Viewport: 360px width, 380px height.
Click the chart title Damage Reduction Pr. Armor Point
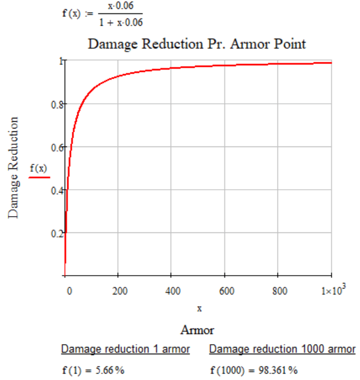[197, 44]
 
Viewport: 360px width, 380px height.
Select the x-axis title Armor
[197, 329]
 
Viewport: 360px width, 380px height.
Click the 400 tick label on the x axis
[173, 290]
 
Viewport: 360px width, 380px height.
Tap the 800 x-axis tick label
[280, 290]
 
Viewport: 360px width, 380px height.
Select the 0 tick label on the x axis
[69, 290]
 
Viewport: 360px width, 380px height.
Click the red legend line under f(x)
[39, 177]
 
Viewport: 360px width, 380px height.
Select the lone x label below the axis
[199, 309]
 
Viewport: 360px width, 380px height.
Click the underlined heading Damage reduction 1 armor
[125, 350]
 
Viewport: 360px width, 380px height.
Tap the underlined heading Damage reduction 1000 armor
[282, 350]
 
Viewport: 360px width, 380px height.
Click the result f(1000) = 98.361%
[253, 370]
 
